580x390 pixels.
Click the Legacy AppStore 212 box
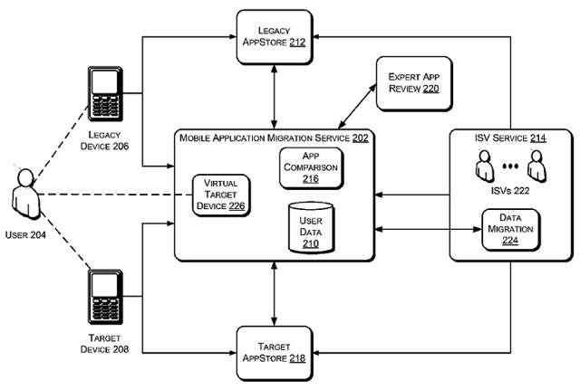click(x=274, y=35)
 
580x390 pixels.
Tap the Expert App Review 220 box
click(x=415, y=83)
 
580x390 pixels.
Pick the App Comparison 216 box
click(x=311, y=167)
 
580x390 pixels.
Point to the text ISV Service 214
click(x=510, y=138)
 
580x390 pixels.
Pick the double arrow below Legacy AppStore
click(x=274, y=97)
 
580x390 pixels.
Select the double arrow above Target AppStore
click(x=274, y=291)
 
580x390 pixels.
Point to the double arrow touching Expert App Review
click(x=349, y=107)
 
